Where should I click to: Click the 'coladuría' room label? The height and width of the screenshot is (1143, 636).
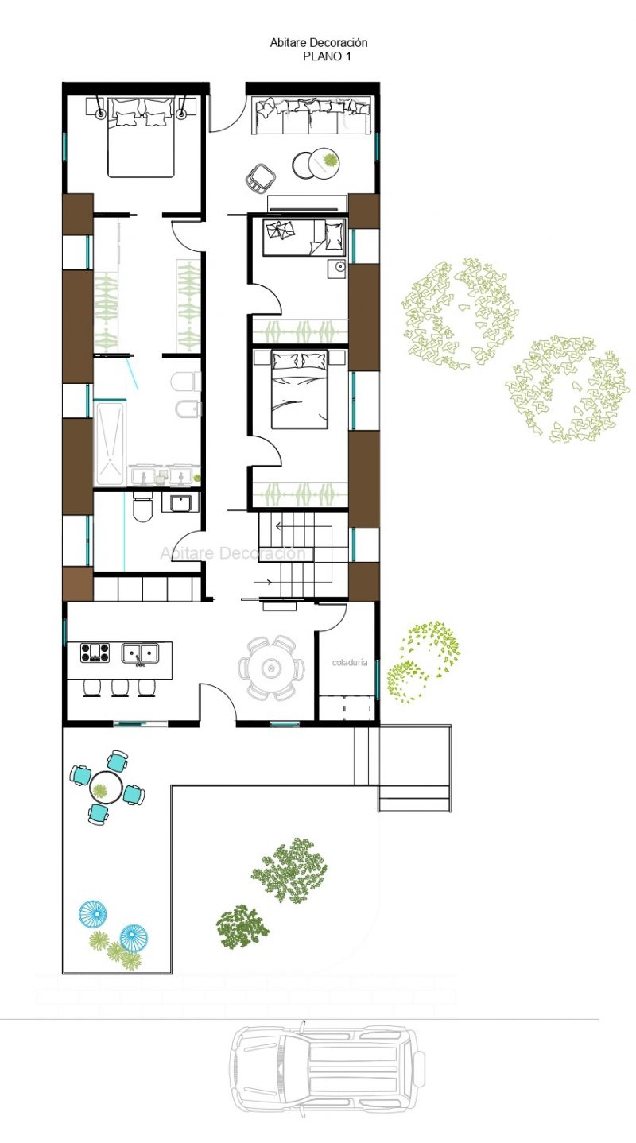tap(350, 662)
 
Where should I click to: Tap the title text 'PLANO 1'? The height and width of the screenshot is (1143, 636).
tap(327, 56)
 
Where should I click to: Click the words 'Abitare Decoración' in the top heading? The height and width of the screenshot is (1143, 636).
tap(319, 43)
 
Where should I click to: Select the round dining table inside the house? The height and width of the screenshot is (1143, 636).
tap(271, 668)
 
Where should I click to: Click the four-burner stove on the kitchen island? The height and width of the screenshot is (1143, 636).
tap(95, 653)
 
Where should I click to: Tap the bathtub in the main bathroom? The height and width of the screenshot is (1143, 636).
tap(109, 443)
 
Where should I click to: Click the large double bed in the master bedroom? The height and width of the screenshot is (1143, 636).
tap(142, 136)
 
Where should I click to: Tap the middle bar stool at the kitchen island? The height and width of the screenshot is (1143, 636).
tap(120, 688)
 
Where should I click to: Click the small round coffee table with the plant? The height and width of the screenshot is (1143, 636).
tap(324, 162)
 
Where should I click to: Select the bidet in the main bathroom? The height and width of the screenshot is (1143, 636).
tap(188, 409)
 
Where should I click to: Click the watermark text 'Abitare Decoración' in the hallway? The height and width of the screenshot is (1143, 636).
tap(233, 552)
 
